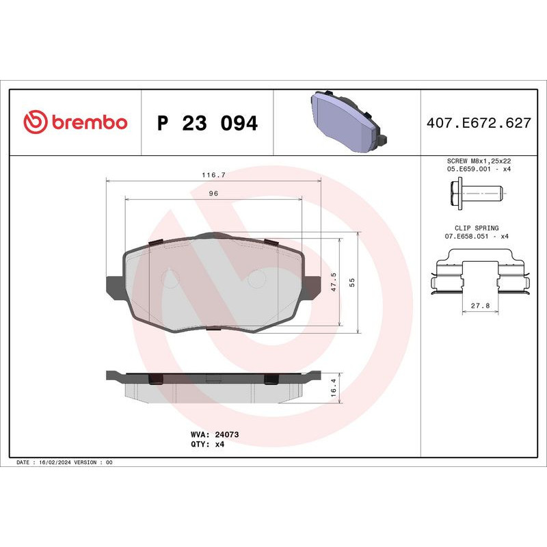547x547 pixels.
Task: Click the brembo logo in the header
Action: (75, 122)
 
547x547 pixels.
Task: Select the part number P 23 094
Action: (207, 123)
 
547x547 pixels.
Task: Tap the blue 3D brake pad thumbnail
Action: (346, 122)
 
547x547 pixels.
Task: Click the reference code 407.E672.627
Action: (478, 123)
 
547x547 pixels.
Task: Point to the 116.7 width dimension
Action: (213, 175)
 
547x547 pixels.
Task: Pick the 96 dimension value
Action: (213, 194)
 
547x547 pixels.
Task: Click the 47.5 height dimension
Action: (334, 282)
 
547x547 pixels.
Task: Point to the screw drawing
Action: (476, 193)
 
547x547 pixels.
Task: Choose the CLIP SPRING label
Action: (477, 228)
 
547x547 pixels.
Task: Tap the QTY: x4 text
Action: (207, 444)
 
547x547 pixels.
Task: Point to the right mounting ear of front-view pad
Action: (311, 286)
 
